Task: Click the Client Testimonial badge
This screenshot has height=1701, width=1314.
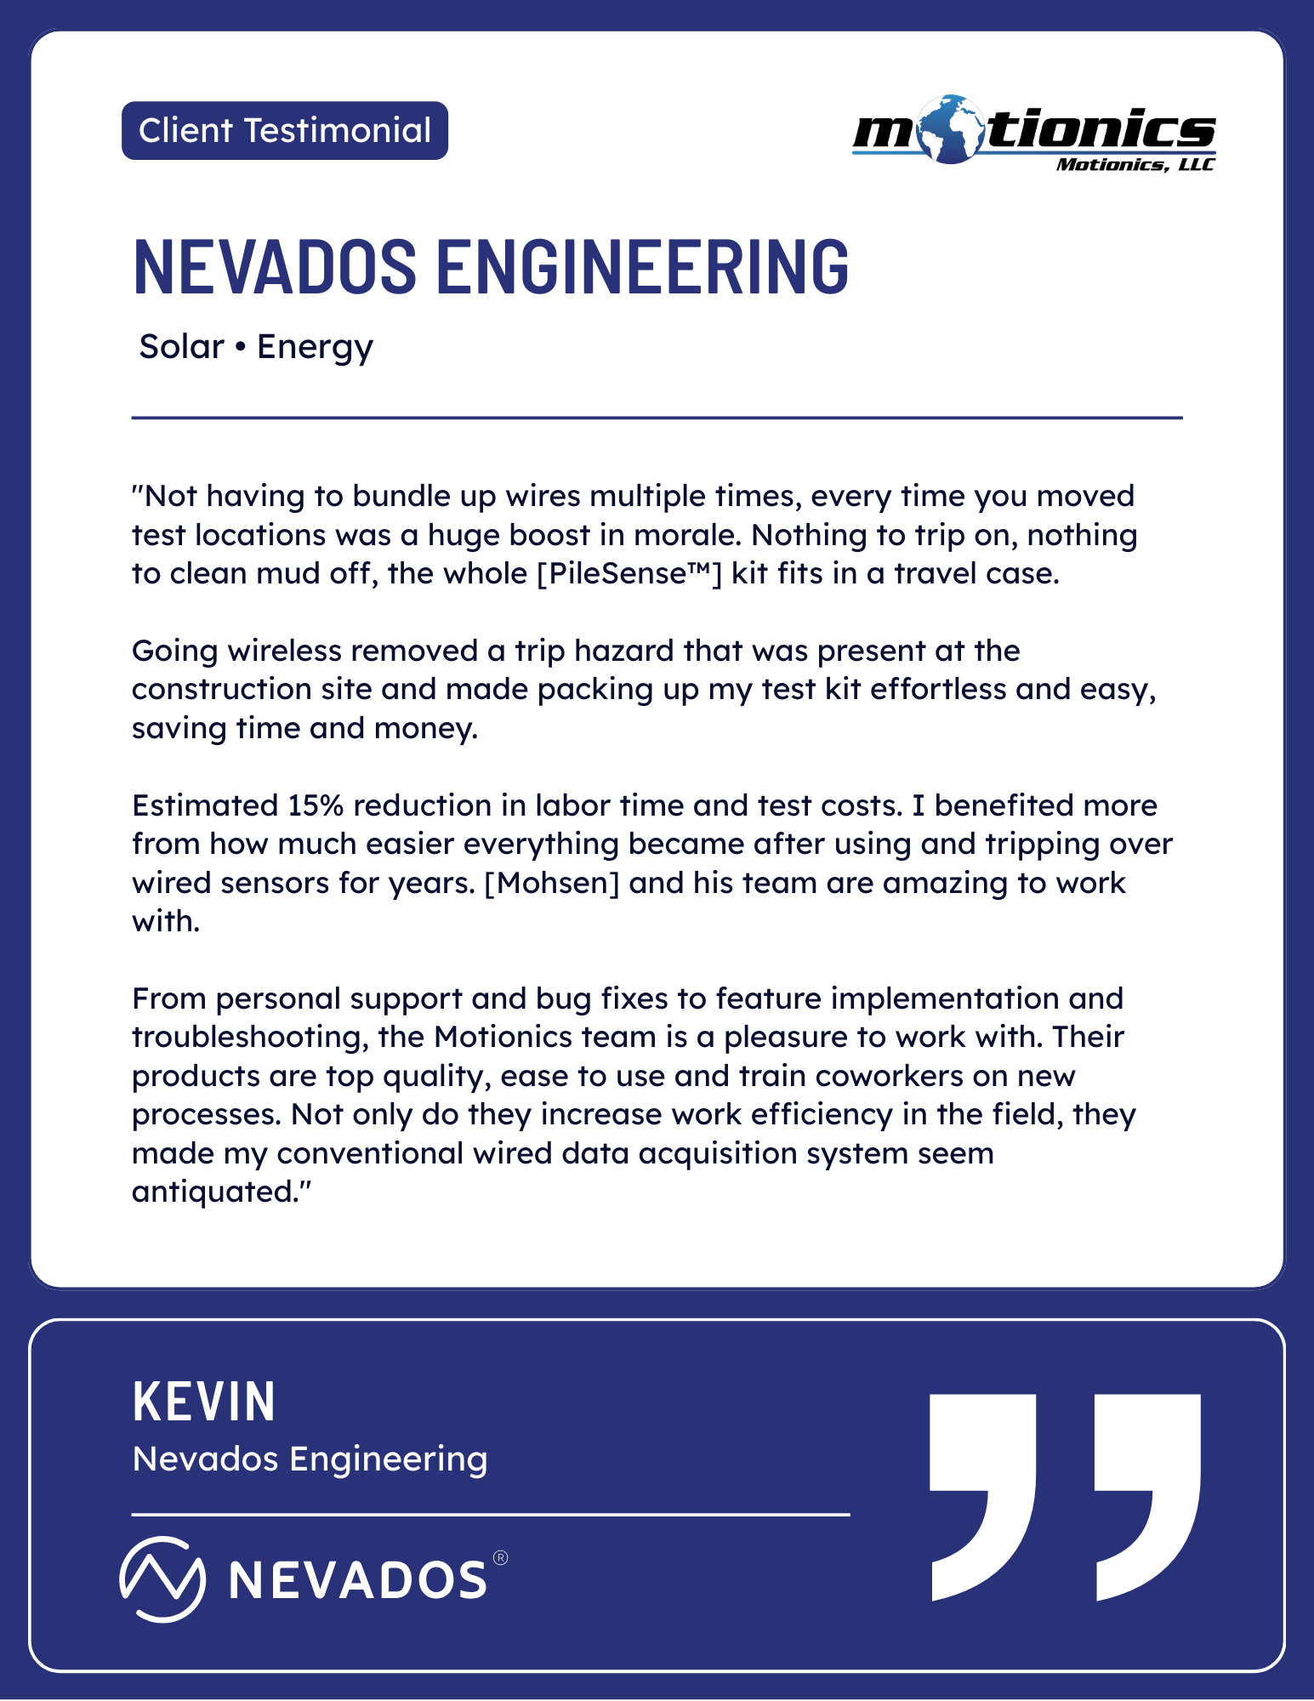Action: [284, 131]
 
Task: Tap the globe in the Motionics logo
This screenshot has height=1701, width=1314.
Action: [951, 129]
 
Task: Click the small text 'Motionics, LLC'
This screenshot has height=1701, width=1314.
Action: [1135, 164]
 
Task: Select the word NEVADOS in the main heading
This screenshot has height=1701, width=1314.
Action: [275, 266]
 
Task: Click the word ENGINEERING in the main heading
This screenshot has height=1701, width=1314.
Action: [642, 266]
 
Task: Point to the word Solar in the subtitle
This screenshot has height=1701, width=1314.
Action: [181, 347]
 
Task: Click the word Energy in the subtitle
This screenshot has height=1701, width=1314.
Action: [315, 347]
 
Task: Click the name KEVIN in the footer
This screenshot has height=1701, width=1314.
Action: [204, 1402]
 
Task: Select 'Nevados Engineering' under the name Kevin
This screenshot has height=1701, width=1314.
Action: [310, 1459]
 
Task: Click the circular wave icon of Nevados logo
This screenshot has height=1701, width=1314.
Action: [162, 1579]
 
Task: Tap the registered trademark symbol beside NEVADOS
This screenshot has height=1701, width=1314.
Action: [500, 1558]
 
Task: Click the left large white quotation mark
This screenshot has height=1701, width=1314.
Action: [982, 1497]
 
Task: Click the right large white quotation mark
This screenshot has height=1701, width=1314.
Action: [1147, 1497]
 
